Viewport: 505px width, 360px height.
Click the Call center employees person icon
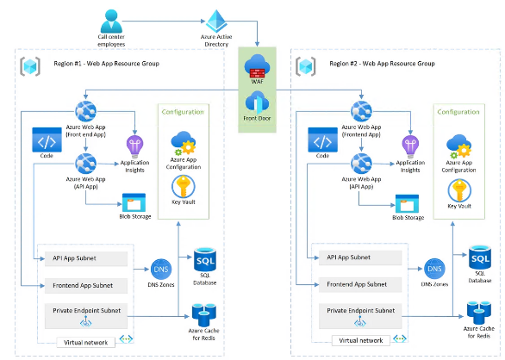[x=111, y=21]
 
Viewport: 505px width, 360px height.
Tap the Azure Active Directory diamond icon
[x=216, y=22]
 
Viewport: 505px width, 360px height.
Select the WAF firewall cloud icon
[x=257, y=66]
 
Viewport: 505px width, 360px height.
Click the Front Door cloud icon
[x=257, y=102]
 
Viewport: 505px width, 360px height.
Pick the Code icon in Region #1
[x=47, y=140]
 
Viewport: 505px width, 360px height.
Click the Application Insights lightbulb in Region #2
[x=410, y=146]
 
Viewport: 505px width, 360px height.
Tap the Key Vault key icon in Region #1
[x=184, y=186]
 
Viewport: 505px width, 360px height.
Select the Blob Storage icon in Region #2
[x=407, y=203]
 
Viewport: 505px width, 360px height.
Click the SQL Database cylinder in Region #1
[x=205, y=259]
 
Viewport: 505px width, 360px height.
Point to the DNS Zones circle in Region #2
[x=434, y=269]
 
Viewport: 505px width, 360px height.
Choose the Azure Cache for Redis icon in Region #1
[x=204, y=315]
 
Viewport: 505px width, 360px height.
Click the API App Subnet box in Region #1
[x=86, y=258]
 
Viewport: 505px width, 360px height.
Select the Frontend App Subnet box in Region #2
[x=360, y=285]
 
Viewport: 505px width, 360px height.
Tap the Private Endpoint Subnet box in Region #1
[x=86, y=316]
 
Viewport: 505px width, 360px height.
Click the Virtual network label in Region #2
[x=361, y=340]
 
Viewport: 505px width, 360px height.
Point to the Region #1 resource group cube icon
[x=30, y=66]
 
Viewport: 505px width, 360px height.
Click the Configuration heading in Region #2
[x=458, y=112]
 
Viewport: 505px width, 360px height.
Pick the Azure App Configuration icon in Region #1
[x=184, y=143]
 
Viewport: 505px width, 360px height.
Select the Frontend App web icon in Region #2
[x=361, y=111]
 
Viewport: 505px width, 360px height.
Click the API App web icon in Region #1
[x=85, y=164]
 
